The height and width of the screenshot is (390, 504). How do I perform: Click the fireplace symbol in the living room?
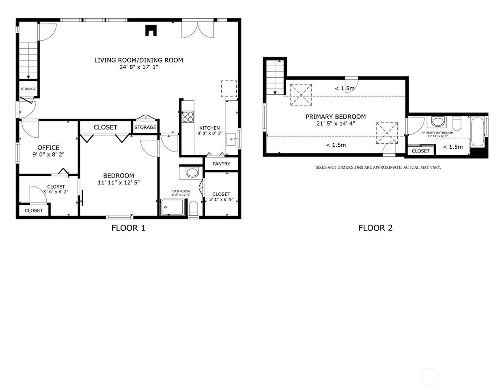tap(151, 30)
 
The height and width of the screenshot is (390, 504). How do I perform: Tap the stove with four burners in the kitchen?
tap(188, 117)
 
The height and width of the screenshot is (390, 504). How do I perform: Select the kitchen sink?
tap(231, 139)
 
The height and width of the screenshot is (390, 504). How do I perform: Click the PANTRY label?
tap(221, 164)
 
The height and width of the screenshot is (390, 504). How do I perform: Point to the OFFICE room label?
tap(48, 147)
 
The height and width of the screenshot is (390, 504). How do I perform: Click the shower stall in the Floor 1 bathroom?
tap(172, 207)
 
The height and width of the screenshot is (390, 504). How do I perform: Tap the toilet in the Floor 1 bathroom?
tap(194, 208)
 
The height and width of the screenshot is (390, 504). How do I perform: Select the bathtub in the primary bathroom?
tap(477, 132)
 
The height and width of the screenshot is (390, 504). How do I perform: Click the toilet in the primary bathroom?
tap(457, 123)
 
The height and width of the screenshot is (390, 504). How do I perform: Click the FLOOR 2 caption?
tap(375, 228)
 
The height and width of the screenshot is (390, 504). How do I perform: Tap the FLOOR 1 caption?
tap(128, 228)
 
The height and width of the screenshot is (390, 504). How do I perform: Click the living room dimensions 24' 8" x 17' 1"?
tap(139, 67)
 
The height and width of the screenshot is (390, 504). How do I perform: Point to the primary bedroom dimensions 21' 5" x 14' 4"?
tap(336, 123)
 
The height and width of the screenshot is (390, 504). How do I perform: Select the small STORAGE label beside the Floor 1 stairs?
tap(28, 89)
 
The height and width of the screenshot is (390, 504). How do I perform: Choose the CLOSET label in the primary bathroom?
tap(420, 151)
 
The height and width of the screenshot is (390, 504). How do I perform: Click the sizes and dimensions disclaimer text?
tap(378, 167)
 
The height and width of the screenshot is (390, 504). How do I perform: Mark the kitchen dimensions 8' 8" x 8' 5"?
tap(209, 134)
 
